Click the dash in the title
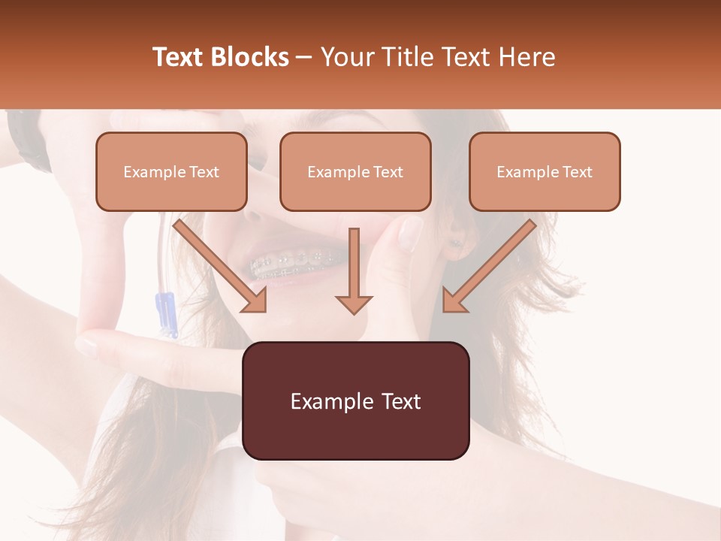pos(304,57)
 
